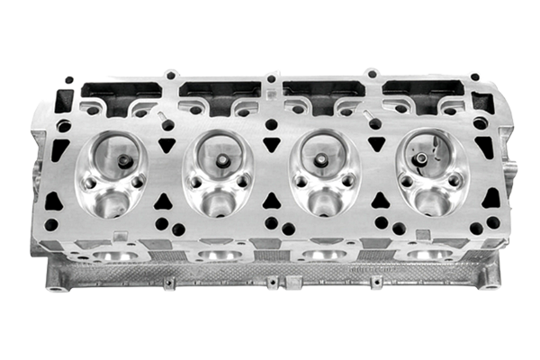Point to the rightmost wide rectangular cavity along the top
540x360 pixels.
click(x=421, y=90)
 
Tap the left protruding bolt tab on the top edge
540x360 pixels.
click(x=170, y=74)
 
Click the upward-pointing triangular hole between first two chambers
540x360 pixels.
click(x=166, y=200)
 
